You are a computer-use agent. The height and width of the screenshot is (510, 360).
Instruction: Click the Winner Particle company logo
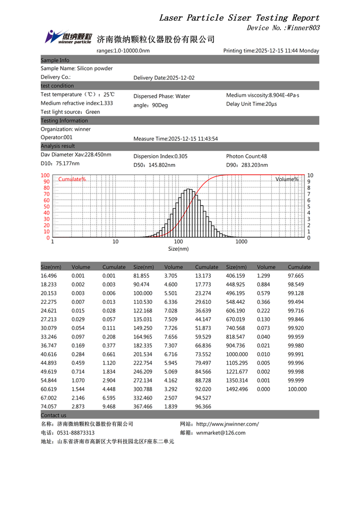click(x=68, y=37)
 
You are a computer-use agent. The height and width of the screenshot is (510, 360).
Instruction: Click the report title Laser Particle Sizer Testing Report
click(x=239, y=18)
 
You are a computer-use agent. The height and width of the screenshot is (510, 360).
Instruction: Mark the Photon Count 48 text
click(x=246, y=156)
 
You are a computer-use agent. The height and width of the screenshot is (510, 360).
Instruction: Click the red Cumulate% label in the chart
click(x=72, y=180)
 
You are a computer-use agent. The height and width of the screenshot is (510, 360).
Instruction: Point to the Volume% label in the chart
click(x=287, y=180)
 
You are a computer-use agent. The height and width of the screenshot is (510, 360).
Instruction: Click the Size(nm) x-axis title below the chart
click(x=178, y=249)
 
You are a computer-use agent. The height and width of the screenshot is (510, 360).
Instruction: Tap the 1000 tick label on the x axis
click(x=241, y=242)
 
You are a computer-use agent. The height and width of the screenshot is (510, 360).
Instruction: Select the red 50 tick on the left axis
click(x=46, y=207)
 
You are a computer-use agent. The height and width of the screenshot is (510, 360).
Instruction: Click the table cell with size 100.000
click(x=143, y=293)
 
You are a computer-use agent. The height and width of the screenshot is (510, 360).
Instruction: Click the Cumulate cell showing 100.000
click(x=297, y=389)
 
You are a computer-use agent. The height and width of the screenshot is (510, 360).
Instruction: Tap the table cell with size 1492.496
click(x=237, y=389)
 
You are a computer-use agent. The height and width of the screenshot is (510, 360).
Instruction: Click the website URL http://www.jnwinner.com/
click(x=227, y=424)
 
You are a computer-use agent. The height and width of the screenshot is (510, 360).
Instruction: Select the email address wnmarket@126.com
click(x=221, y=433)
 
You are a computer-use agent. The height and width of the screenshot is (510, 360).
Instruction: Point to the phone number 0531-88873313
click(x=75, y=433)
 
